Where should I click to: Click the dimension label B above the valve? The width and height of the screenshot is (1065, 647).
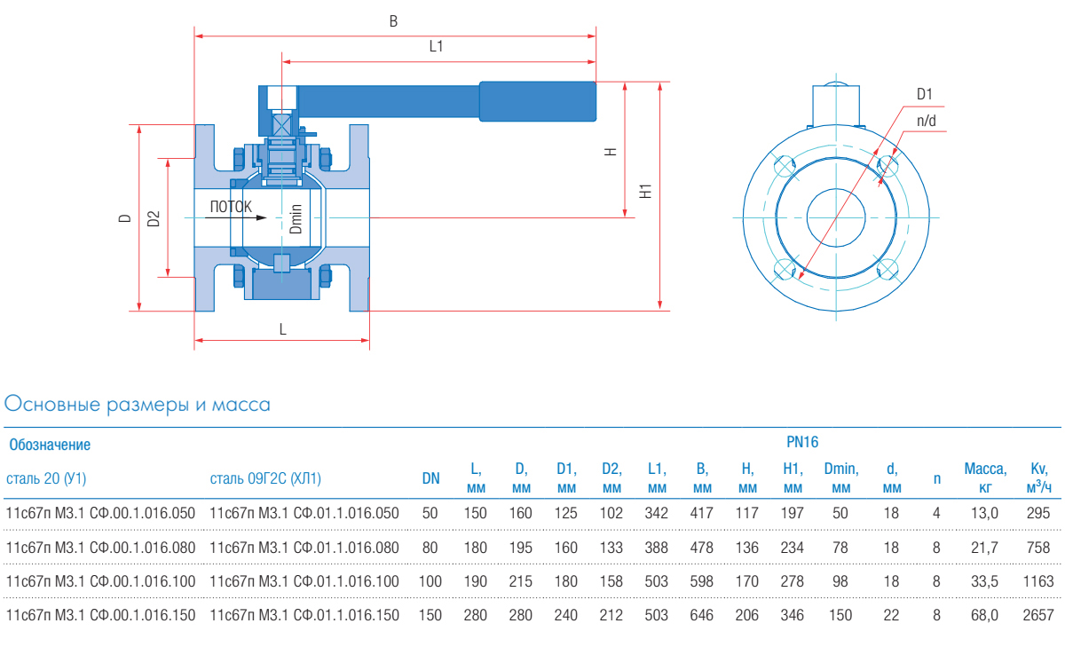pyautogui.click(x=393, y=20)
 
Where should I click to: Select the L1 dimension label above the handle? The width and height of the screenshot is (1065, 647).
pyautogui.click(x=436, y=47)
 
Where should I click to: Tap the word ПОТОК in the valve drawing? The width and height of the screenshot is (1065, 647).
pyautogui.click(x=231, y=207)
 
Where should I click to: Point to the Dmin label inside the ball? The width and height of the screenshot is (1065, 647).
pyautogui.click(x=296, y=218)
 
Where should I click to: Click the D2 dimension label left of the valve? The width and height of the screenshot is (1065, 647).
pyautogui.click(x=154, y=218)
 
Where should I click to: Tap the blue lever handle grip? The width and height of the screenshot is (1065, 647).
pyautogui.click(x=537, y=101)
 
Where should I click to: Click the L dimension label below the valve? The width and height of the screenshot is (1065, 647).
pyautogui.click(x=283, y=329)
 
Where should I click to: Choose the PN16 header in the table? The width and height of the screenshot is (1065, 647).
pyautogui.click(x=802, y=441)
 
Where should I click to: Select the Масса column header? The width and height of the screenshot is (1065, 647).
pyautogui.click(x=985, y=477)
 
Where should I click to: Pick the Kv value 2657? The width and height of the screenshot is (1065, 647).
pyautogui.click(x=1038, y=614)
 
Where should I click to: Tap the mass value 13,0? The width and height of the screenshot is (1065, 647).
pyautogui.click(x=985, y=513)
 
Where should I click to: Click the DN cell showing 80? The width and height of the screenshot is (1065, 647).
pyautogui.click(x=430, y=548)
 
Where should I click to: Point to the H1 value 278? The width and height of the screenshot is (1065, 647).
pyautogui.click(x=792, y=581)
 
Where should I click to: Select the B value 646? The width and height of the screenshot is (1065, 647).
pyautogui.click(x=702, y=614)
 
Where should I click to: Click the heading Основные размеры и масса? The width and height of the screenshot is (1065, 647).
pyautogui.click(x=138, y=405)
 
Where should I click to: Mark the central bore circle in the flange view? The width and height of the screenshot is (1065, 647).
pyautogui.click(x=837, y=217)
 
